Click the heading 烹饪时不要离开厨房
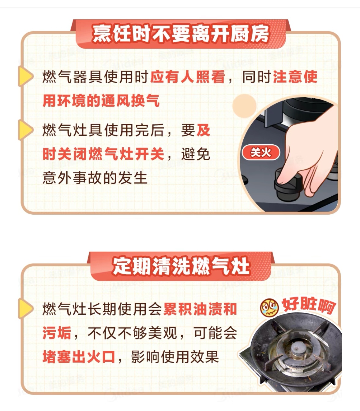pyautogui.click(x=180, y=34)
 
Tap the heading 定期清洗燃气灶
pyautogui.click(x=181, y=266)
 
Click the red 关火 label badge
pyautogui.click(x=261, y=153)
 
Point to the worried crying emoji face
pyautogui.click(x=269, y=308)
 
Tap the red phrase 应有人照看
pyautogui.click(x=187, y=77)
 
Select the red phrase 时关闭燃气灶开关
pyautogui.click(x=103, y=154)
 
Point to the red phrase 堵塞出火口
pyautogui.click(x=79, y=357)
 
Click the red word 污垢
pyautogui.click(x=57, y=333)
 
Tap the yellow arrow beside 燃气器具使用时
pyautogui.click(x=25, y=76)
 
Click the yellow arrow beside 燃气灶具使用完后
pyautogui.click(x=25, y=130)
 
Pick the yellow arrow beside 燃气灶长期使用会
pyautogui.click(x=25, y=309)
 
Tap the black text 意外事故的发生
pyautogui.click(x=95, y=178)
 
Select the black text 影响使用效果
pyautogui.click(x=175, y=357)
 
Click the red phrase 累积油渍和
pyautogui.click(x=200, y=309)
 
